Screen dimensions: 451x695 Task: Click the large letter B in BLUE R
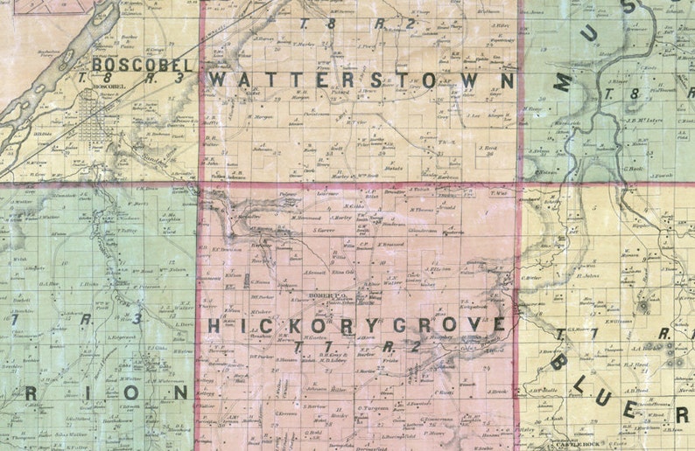[560, 360]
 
